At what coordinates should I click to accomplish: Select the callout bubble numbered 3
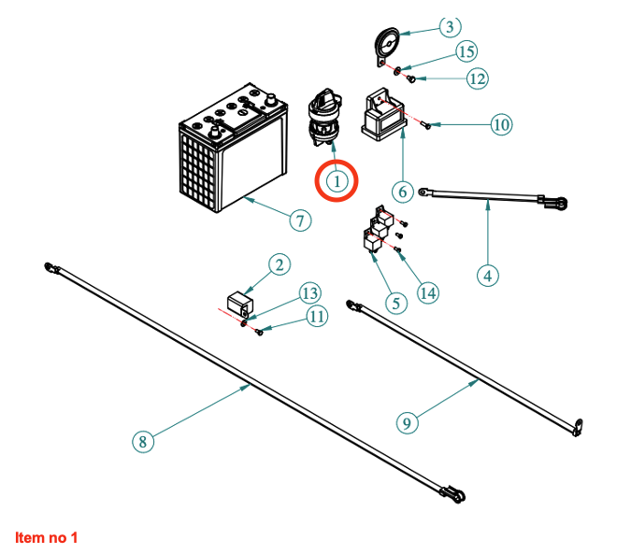[x=449, y=26]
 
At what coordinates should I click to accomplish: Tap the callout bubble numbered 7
[x=298, y=220]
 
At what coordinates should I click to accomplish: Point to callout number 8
[x=142, y=442]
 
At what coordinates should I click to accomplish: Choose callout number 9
[x=406, y=422]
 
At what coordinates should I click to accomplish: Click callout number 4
[x=487, y=275]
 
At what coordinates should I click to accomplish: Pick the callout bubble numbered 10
[x=501, y=123]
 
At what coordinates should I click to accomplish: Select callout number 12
[x=477, y=78]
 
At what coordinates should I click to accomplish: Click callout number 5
[x=394, y=303]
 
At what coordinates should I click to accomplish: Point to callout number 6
[x=402, y=192]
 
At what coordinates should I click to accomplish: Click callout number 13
[x=309, y=293]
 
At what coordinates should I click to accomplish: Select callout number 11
[x=318, y=317]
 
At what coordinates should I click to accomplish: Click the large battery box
[x=229, y=154]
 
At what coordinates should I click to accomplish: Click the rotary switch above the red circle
[x=327, y=116]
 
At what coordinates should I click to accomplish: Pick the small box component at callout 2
[x=240, y=304]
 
